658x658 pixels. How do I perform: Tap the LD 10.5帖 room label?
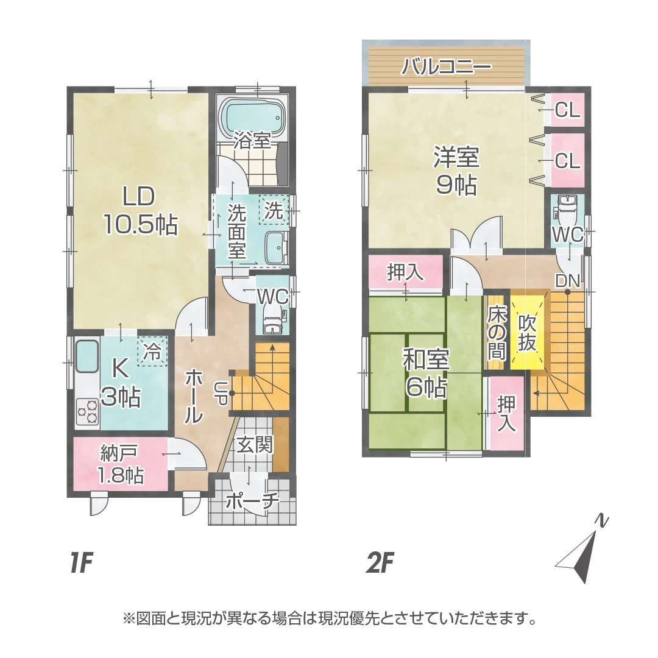click(x=140, y=211)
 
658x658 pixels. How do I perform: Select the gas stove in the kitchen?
click(x=87, y=411)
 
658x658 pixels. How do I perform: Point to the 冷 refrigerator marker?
click(x=152, y=352)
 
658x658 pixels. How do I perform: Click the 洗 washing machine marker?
click(x=274, y=211)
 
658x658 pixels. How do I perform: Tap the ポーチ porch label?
click(x=252, y=501)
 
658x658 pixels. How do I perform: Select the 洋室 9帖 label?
click(x=456, y=169)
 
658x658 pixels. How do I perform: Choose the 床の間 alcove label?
click(x=495, y=333)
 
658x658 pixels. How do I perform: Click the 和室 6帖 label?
click(x=425, y=373)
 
